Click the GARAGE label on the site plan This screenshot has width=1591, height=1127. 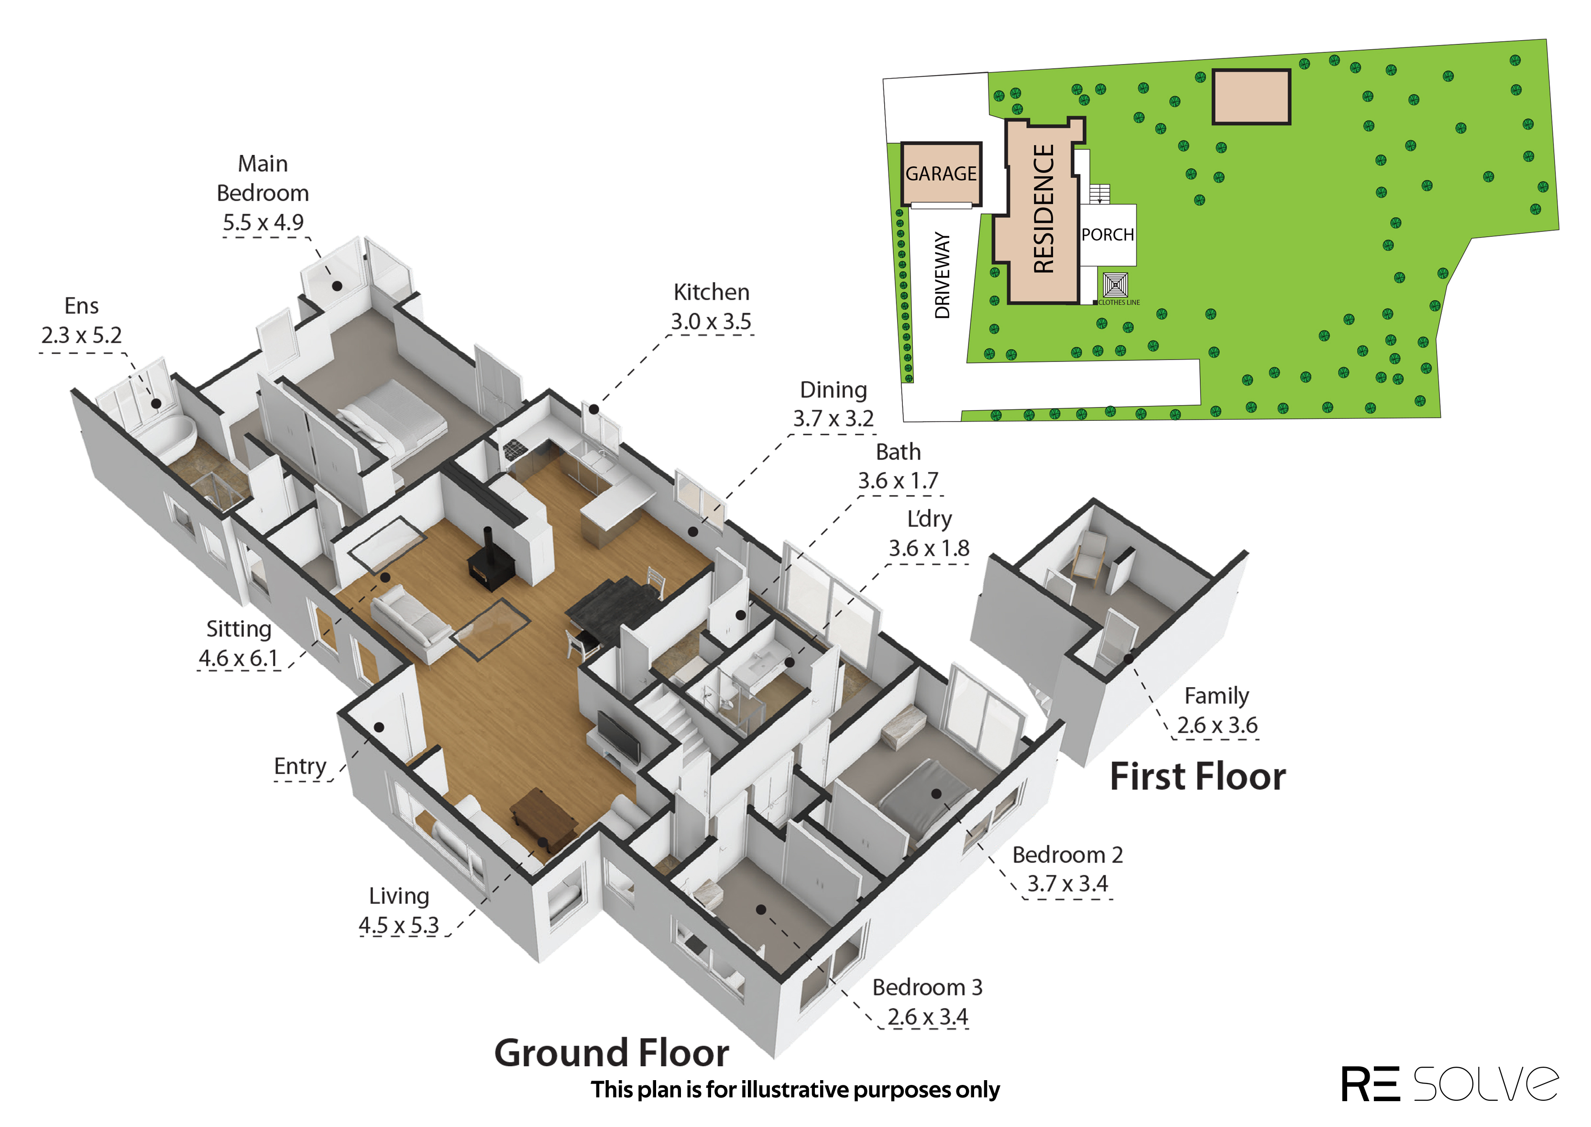point(941,174)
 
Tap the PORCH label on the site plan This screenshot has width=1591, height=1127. point(1108,235)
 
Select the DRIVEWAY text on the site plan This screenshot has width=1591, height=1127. point(942,275)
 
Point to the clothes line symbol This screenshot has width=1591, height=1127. point(1116,285)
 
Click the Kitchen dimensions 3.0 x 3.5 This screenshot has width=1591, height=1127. point(711,321)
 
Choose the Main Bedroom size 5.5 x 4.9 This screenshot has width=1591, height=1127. point(263,222)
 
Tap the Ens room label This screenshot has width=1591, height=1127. point(81,306)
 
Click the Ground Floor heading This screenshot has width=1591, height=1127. point(611,1053)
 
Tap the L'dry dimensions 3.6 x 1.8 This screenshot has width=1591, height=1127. point(929,548)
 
